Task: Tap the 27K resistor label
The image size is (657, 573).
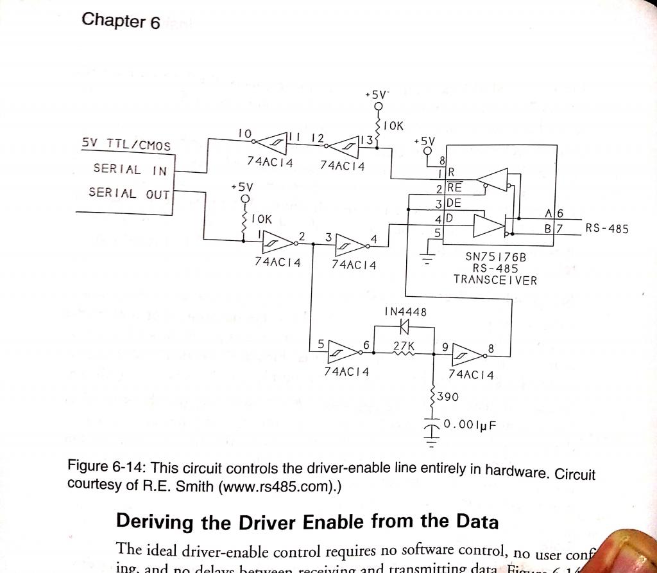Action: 404,346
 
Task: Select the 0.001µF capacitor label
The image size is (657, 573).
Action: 470,425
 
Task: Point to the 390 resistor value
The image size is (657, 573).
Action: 447,397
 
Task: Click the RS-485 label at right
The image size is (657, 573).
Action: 607,228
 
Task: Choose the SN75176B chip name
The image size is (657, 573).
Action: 495,257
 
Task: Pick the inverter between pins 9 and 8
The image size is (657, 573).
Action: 468,353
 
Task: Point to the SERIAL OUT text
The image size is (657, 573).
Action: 129,193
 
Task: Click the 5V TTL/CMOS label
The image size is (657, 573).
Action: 126,145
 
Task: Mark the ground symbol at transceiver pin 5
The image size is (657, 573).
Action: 427,259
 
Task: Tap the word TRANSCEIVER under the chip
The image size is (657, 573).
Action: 495,279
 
